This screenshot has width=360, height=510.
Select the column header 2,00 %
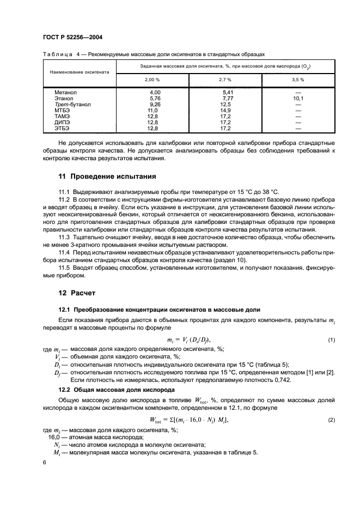[152, 80]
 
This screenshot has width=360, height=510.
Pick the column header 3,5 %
[297, 80]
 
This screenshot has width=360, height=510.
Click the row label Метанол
[65, 93]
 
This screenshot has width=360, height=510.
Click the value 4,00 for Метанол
[155, 93]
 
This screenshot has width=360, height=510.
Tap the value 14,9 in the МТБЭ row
[227, 110]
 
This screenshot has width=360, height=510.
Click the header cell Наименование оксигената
[80, 72]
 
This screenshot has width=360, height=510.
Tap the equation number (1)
[331, 340]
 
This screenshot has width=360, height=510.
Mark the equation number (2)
[331, 420]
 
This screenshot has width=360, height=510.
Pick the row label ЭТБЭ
[62, 127]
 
